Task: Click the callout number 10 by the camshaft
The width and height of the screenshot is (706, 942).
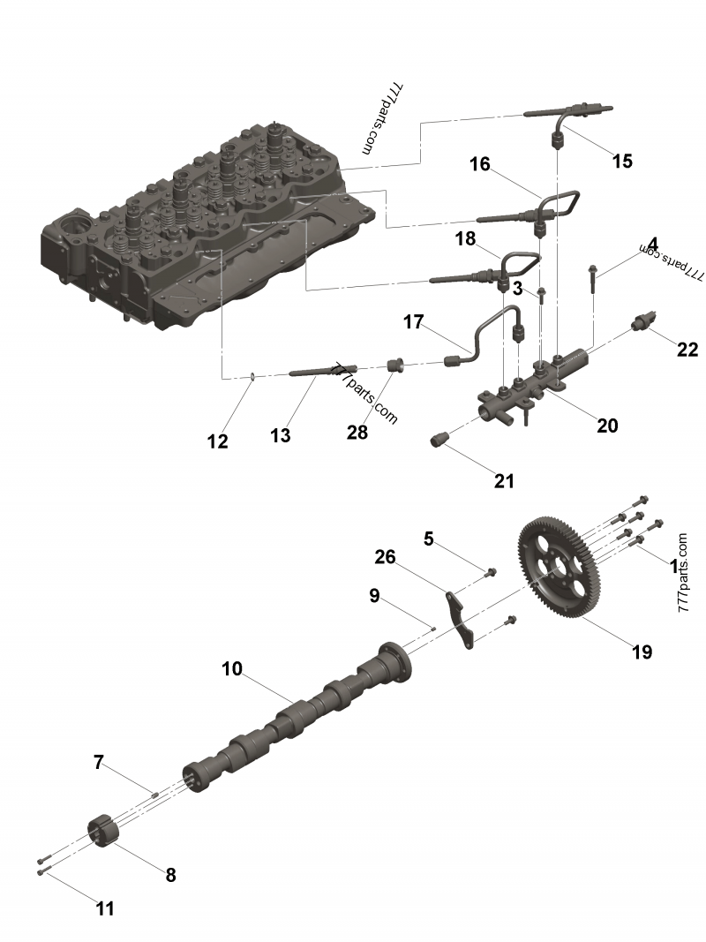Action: click(232, 669)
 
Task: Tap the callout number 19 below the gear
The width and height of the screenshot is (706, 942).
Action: click(642, 652)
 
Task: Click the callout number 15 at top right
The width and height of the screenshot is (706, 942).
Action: click(622, 161)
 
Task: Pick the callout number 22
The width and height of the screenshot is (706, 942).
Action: click(687, 350)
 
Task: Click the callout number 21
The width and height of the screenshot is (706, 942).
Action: click(504, 481)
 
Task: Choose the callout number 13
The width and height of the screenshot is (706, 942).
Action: click(280, 435)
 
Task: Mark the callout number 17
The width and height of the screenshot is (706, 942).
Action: click(414, 322)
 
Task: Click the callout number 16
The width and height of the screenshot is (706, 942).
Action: click(479, 164)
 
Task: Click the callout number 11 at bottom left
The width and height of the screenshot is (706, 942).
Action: click(105, 908)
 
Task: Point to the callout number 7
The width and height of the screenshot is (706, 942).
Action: click(99, 761)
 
